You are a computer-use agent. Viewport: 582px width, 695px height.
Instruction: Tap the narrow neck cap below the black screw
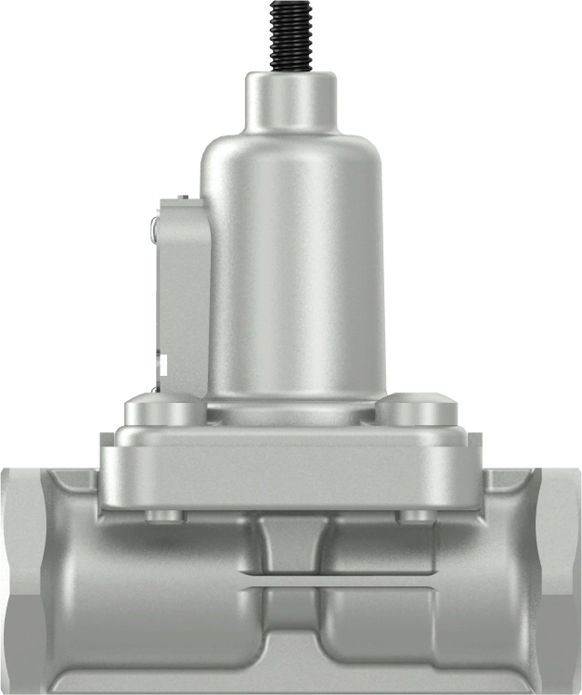tap(290, 100)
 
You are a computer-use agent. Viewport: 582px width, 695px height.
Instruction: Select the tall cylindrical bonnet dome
tap(293, 269)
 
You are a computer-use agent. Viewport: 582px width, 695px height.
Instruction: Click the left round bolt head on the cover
tap(164, 409)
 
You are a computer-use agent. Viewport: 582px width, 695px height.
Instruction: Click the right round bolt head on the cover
tap(416, 409)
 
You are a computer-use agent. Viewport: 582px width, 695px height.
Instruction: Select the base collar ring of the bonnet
tap(291, 411)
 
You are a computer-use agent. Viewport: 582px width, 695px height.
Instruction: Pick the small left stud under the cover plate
tap(165, 515)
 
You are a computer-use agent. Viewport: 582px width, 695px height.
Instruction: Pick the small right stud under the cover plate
tap(414, 515)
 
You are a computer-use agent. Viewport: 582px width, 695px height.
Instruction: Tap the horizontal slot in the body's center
tap(291, 587)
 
